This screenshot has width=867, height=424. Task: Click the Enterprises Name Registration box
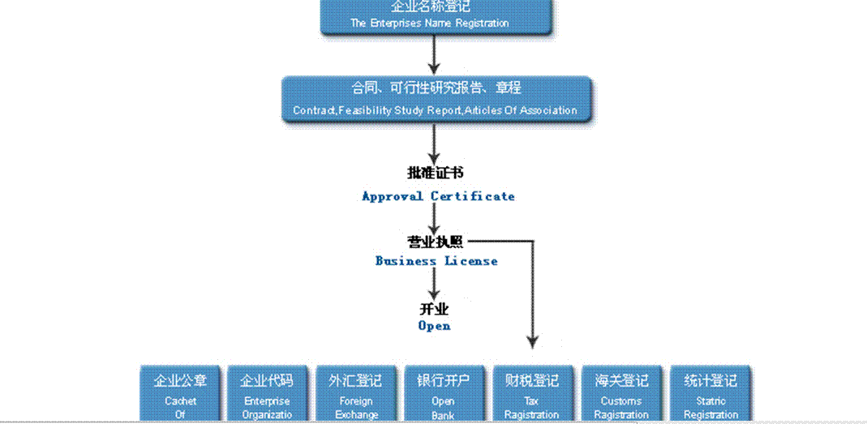pos(429,15)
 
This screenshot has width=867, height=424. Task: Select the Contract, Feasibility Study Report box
pos(436,98)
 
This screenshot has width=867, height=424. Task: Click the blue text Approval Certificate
pos(438,196)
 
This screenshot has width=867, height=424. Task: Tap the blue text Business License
pos(436,261)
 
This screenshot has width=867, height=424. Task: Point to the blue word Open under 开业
pos(434,326)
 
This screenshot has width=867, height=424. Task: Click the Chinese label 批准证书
pos(436,173)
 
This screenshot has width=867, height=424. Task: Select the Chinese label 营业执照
pos(436,241)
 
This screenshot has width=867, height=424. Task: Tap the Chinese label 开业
pos(434,309)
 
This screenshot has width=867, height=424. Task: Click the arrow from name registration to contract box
pos(434,55)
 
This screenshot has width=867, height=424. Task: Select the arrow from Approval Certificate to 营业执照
pos(435,217)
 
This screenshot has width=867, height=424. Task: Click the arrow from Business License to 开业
pos(435,284)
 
